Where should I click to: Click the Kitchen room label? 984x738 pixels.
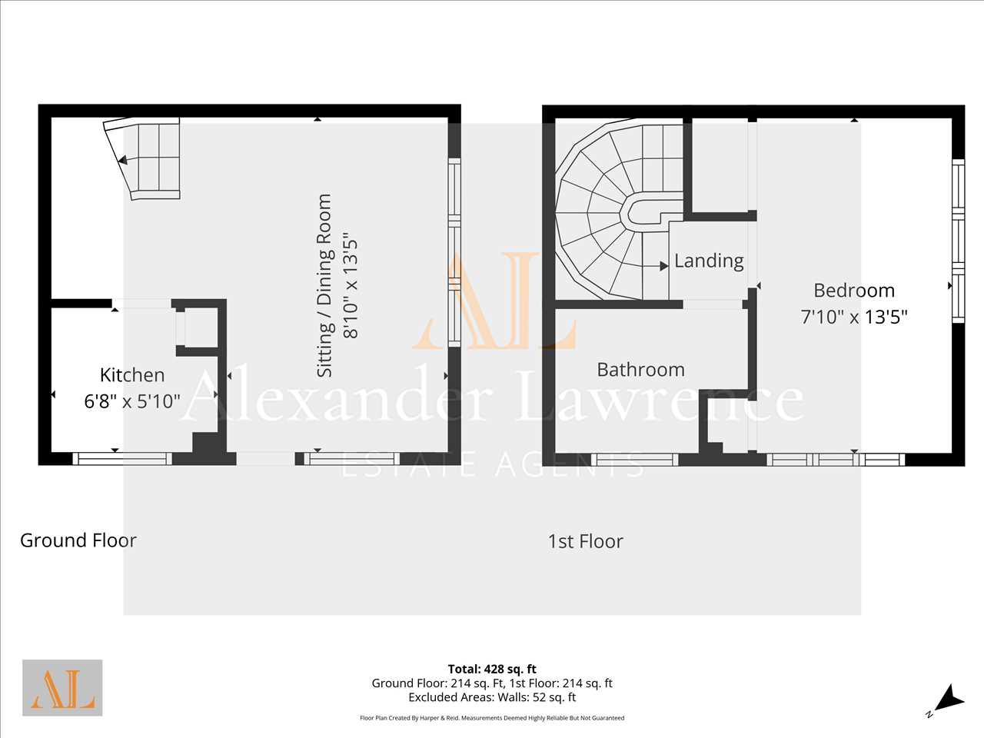[x=132, y=375]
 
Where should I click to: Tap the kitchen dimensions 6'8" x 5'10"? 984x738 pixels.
[x=132, y=401]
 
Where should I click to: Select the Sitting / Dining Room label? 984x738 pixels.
[x=324, y=286]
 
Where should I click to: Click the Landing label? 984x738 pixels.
[x=709, y=261]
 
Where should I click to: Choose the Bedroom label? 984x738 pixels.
[x=854, y=291]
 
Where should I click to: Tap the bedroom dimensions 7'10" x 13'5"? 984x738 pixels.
[x=854, y=317]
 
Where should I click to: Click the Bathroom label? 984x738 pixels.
[x=640, y=370]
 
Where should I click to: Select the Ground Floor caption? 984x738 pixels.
[x=78, y=540]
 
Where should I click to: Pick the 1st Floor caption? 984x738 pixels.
[x=586, y=541]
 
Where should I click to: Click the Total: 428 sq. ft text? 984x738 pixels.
[x=492, y=669]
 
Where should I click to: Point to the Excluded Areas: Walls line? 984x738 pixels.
[x=492, y=697]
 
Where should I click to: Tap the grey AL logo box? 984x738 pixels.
[x=62, y=688]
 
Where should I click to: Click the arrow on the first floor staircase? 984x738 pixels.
[x=656, y=266]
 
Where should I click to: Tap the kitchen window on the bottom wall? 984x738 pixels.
[x=122, y=458]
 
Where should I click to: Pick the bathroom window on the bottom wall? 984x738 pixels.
[x=634, y=460]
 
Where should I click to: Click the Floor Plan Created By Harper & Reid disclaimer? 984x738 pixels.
[x=492, y=718]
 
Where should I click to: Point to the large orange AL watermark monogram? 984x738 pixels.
[x=494, y=301]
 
